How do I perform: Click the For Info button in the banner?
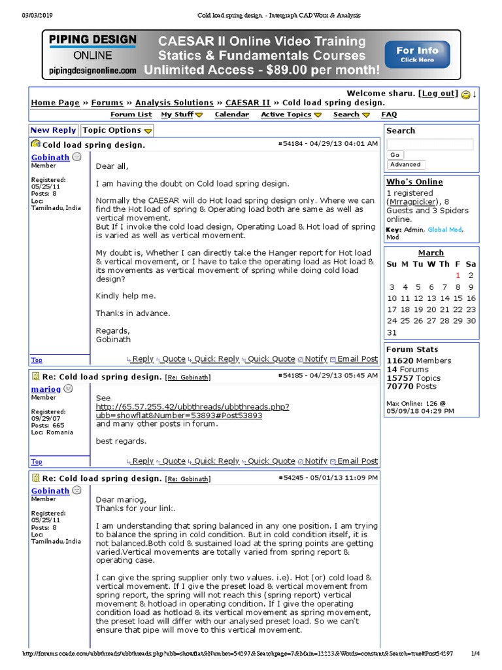(417, 54)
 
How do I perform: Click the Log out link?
(439, 94)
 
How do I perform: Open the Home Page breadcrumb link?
(55, 103)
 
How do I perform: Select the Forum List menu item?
(131, 115)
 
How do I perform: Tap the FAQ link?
(389, 115)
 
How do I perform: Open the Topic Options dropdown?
(116, 130)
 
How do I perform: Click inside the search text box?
(429, 145)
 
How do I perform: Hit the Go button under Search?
(395, 155)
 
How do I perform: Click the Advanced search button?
(405, 165)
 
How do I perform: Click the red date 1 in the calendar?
(458, 275)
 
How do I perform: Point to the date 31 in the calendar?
(392, 332)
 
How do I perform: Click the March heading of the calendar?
(431, 253)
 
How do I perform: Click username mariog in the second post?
(46, 389)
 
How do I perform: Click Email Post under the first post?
(357, 359)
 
